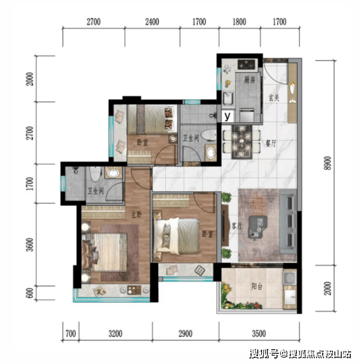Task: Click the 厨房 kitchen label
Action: (249, 80)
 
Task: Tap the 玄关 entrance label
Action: (273, 97)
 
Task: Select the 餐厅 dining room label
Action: (270, 143)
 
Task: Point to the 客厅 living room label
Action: (237, 226)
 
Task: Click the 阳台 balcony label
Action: (257, 286)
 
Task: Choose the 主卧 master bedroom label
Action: (136, 215)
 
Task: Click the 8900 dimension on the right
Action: (328, 163)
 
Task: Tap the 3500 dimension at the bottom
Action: (259, 333)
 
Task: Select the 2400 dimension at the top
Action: (152, 22)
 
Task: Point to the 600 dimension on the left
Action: (31, 293)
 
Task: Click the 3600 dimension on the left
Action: (30, 245)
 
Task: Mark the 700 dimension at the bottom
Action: (71, 333)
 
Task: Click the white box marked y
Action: (228, 116)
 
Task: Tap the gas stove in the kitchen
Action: (247, 64)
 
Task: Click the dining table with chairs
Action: (242, 142)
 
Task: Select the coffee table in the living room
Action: (257, 227)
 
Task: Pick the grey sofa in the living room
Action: (288, 221)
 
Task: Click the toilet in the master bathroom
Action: (96, 174)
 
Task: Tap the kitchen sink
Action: (228, 99)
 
